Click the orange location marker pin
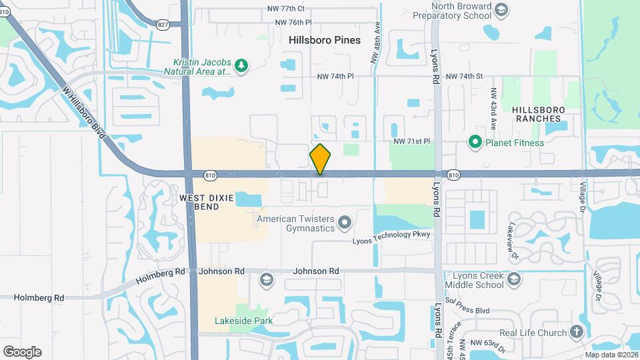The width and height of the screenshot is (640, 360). [320, 159]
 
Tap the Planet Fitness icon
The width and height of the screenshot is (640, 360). [475, 142]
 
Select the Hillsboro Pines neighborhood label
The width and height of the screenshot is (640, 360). [325, 40]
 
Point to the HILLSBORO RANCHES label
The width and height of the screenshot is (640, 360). [539, 114]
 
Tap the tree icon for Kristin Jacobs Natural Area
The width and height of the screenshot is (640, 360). [241, 65]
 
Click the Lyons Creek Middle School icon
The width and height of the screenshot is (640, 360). [513, 279]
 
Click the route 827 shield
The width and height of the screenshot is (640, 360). [163, 24]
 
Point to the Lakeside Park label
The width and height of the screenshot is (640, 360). [243, 321]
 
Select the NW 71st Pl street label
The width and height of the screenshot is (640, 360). [413, 141]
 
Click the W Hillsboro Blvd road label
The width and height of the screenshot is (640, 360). [85, 112]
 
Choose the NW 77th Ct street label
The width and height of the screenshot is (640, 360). [285, 9]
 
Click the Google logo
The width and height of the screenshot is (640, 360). [22, 351]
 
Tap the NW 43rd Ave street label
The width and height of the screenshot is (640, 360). [494, 109]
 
